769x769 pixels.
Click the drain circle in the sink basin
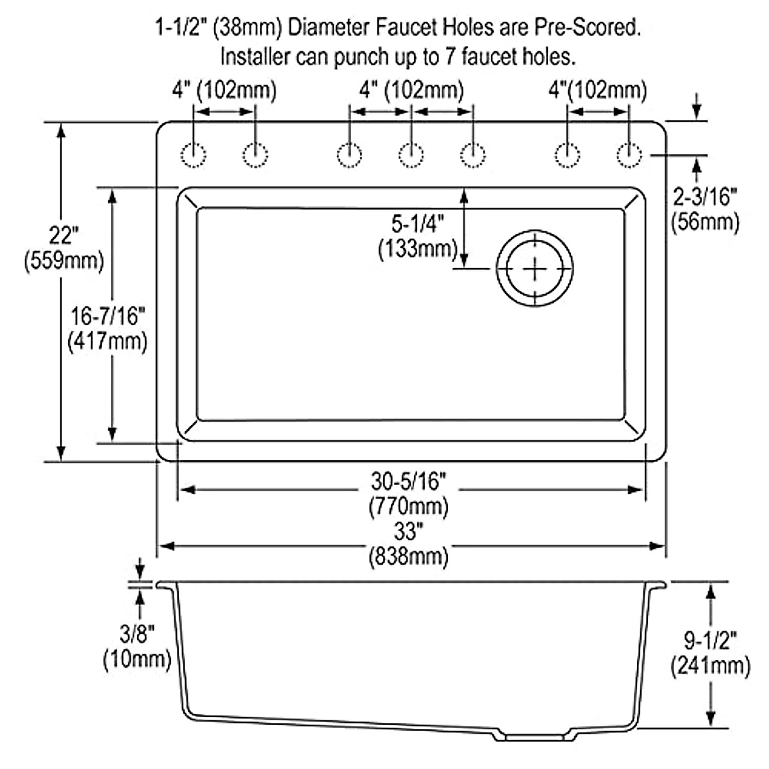click(534, 268)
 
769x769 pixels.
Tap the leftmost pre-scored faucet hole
click(194, 155)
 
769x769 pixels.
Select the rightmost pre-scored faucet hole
click(629, 155)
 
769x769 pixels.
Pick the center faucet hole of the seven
click(411, 155)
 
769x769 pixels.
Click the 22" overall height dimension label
click(63, 235)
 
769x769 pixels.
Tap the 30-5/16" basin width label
click(408, 479)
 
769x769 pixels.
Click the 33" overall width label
click(408, 531)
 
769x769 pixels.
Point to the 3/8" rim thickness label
click(137, 634)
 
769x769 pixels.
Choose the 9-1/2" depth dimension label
click(710, 640)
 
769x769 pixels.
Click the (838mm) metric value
click(408, 556)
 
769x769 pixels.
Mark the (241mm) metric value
click(710, 666)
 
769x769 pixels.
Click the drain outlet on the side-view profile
click(536, 737)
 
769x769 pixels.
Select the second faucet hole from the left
click(256, 155)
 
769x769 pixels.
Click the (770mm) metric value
click(408, 506)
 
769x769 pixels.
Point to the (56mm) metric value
click(705, 222)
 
